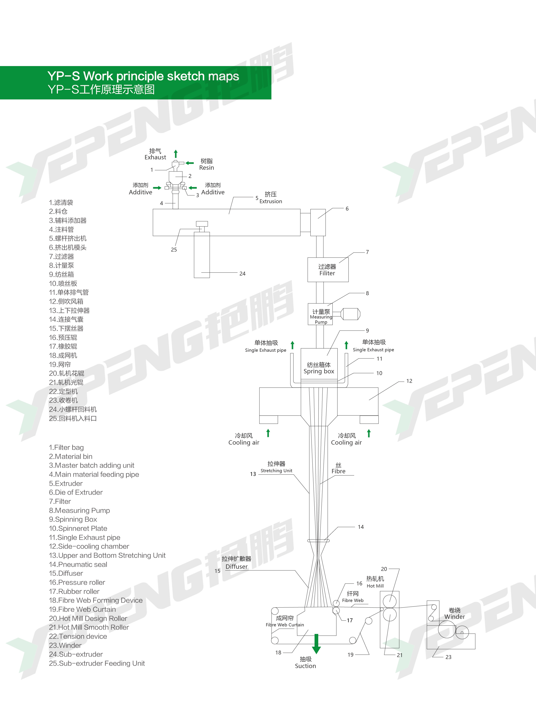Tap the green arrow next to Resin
189,163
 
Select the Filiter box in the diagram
328,270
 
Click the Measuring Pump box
320,314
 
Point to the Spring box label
319,371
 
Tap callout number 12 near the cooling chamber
409,381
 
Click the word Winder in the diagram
455,617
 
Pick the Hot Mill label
375,586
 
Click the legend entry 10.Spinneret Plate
78,528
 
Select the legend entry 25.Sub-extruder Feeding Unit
97,663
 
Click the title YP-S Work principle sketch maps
143,76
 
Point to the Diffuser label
237,567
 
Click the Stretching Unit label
277,470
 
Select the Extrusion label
271,201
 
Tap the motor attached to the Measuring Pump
351,314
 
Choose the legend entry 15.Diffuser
66,573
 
